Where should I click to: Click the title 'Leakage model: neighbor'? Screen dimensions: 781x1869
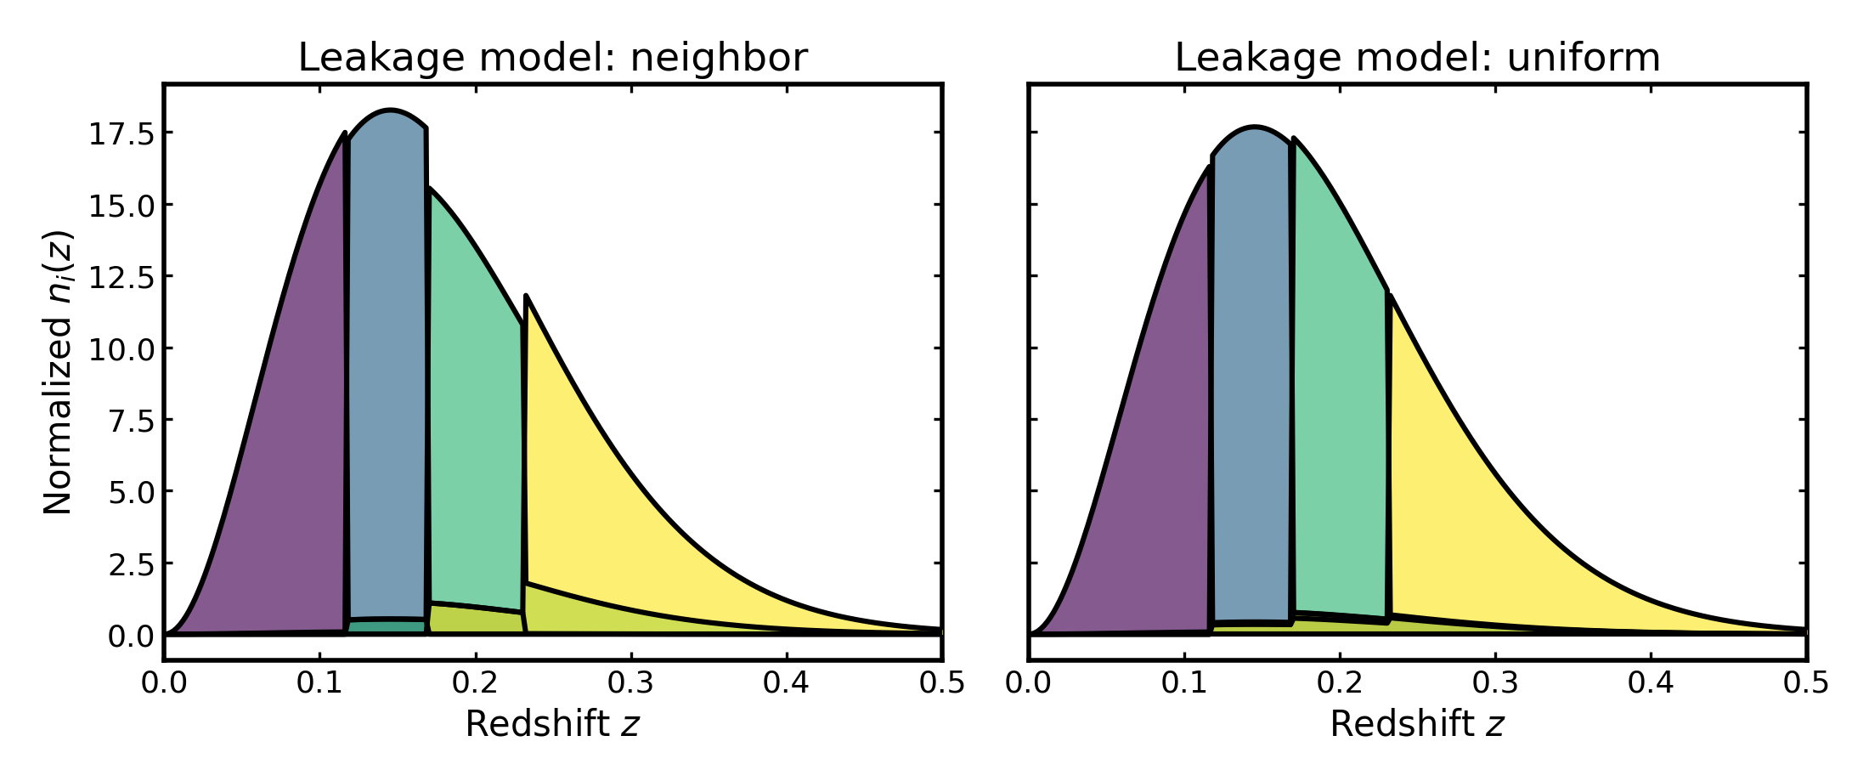click(552, 58)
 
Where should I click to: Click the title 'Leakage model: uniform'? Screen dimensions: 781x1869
click(1417, 58)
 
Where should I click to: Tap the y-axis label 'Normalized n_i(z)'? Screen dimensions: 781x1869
click(59, 372)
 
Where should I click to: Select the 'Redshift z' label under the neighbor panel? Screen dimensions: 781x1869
click(552, 724)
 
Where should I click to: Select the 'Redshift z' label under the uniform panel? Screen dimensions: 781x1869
click(1417, 724)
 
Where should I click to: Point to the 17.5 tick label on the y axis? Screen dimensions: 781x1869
click(121, 133)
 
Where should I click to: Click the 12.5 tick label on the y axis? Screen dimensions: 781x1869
click(121, 277)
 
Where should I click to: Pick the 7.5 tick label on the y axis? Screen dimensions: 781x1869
click(131, 421)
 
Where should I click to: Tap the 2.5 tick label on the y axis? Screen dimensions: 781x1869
click(131, 564)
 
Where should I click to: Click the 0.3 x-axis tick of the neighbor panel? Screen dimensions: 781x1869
click(631, 682)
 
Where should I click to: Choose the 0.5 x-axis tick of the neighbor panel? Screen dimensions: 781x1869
click(942, 682)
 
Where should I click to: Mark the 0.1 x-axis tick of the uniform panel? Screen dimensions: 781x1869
click(1184, 682)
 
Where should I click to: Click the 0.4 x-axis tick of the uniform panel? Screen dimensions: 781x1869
click(1651, 682)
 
